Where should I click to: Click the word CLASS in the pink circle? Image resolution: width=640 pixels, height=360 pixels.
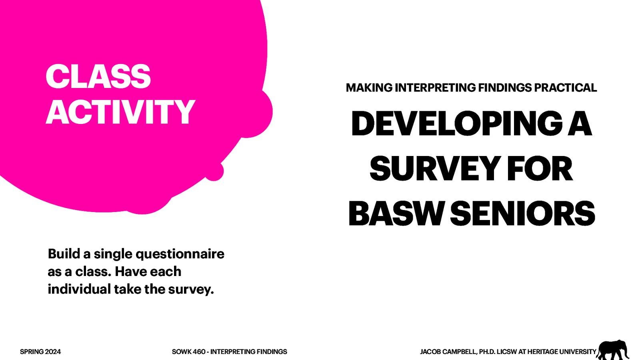pyautogui.click(x=98, y=76)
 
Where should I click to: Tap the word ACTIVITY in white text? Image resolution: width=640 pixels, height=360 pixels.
pyautogui.click(x=120, y=112)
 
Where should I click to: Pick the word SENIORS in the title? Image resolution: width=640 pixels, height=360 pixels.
pyautogui.click(x=523, y=214)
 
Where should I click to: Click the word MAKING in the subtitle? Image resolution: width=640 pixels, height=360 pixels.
pyautogui.click(x=369, y=88)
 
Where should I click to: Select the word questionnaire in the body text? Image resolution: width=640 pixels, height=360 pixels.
pyautogui.click(x=180, y=254)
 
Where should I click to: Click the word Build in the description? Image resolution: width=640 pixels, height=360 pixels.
pyautogui.click(x=64, y=254)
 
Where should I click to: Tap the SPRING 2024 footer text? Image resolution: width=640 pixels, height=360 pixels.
pyautogui.click(x=40, y=352)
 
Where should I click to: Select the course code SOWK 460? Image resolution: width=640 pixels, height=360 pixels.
pyautogui.click(x=188, y=352)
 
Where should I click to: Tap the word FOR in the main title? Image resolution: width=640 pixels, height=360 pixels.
pyautogui.click(x=540, y=169)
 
